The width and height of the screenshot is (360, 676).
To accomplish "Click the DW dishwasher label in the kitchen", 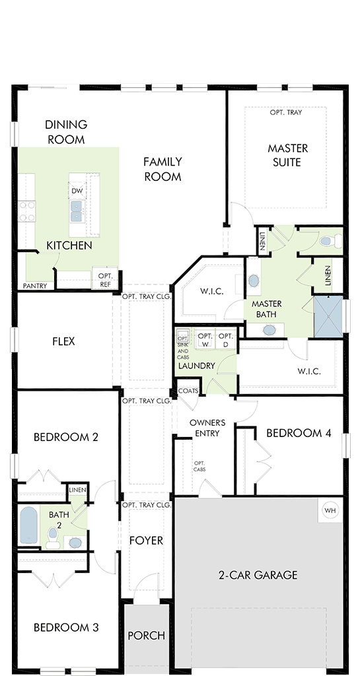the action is tap(77, 191).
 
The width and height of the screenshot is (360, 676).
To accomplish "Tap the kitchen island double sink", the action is tap(77, 211).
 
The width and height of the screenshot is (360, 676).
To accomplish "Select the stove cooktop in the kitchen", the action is tap(26, 211).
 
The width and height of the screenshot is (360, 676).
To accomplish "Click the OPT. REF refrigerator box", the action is tap(105, 279).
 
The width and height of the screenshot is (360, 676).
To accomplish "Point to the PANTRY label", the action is tap(36, 285).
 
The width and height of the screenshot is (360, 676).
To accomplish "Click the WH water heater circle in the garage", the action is tap(330, 510).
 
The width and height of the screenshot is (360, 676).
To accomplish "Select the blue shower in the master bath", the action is tap(328, 316).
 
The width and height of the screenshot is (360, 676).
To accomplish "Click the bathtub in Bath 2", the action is tap(29, 525).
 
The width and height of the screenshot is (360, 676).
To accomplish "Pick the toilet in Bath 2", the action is tap(53, 537).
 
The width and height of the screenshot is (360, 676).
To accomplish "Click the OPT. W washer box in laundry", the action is tap(205, 339).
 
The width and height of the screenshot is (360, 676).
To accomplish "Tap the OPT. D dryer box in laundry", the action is tap(225, 339).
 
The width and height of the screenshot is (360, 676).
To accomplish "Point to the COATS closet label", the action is tap(188, 391).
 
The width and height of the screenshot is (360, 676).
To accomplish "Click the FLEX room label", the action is tap(64, 341).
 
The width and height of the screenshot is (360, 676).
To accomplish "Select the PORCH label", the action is tap(147, 636).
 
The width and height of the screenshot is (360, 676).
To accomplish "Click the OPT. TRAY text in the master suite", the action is tap(286, 112).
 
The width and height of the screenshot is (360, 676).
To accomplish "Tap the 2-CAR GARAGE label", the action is tap(258, 575).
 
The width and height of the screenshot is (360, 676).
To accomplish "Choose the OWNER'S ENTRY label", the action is tap(207, 428).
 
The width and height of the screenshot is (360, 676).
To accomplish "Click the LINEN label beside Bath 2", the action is tap(77, 490).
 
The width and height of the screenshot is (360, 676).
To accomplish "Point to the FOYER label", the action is tap(147, 540).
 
